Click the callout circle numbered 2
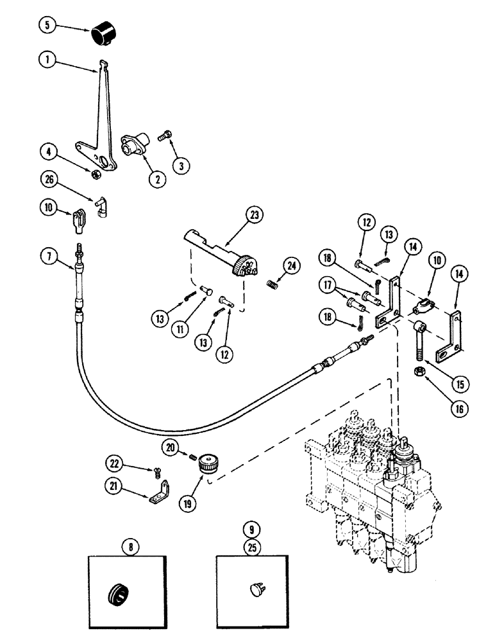153,180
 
